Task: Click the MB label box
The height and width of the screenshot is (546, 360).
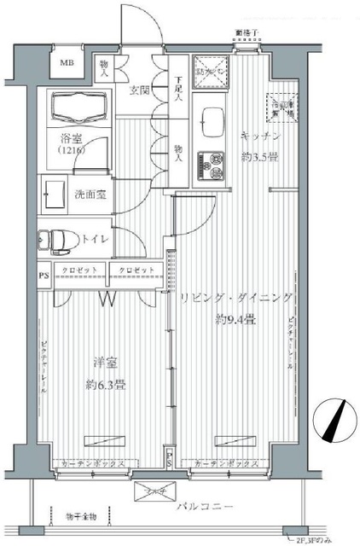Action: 66,62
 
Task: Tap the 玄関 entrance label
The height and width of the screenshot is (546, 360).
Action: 141,90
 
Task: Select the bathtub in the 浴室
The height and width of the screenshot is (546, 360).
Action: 79,109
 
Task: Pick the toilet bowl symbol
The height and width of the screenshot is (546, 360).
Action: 55,240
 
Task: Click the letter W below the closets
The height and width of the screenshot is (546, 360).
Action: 108,299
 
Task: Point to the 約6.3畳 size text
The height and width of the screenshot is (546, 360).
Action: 107,384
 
